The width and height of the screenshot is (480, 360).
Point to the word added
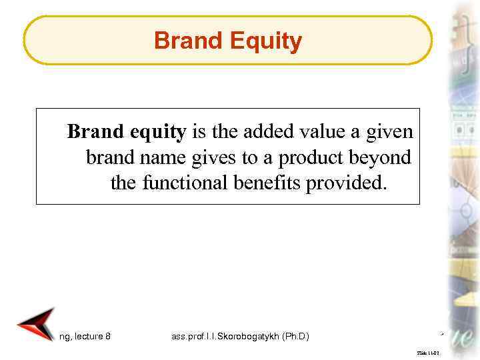point(271,131)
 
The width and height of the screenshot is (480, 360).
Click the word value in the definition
point(325,131)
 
